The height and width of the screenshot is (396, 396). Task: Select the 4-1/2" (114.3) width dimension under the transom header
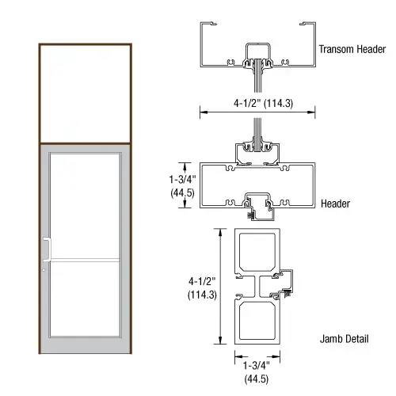[x=252, y=101]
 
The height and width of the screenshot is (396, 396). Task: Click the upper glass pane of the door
[x=86, y=206]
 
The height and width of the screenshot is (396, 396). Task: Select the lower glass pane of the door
[x=86, y=305]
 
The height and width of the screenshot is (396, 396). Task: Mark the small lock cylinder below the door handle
[x=44, y=273]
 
